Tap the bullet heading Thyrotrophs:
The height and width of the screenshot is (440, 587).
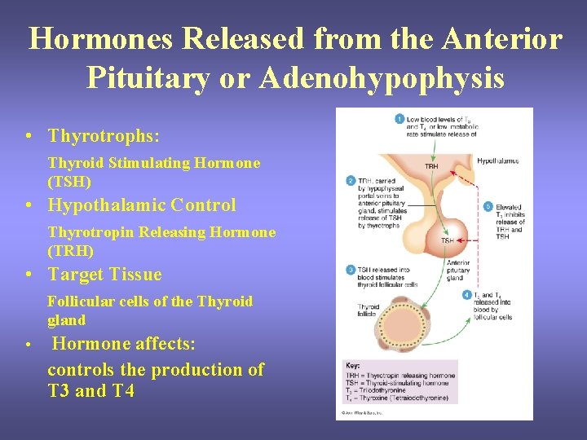[x=104, y=135]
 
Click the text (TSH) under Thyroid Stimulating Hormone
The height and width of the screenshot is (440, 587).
[x=69, y=182]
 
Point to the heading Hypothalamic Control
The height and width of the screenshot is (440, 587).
[x=142, y=205]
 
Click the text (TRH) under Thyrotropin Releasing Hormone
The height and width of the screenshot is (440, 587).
[x=70, y=251]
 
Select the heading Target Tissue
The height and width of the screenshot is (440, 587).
[x=105, y=274]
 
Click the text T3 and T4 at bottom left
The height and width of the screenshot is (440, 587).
[x=90, y=390]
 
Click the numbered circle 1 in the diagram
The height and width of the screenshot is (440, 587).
[x=399, y=120]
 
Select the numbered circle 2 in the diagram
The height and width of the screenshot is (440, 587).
[x=351, y=181]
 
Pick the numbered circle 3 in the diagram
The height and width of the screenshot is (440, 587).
[x=351, y=270]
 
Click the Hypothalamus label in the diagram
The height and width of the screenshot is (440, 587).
[x=498, y=161]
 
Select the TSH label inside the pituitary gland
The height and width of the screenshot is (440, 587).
[x=448, y=240]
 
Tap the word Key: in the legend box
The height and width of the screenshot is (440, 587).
[x=352, y=367]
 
